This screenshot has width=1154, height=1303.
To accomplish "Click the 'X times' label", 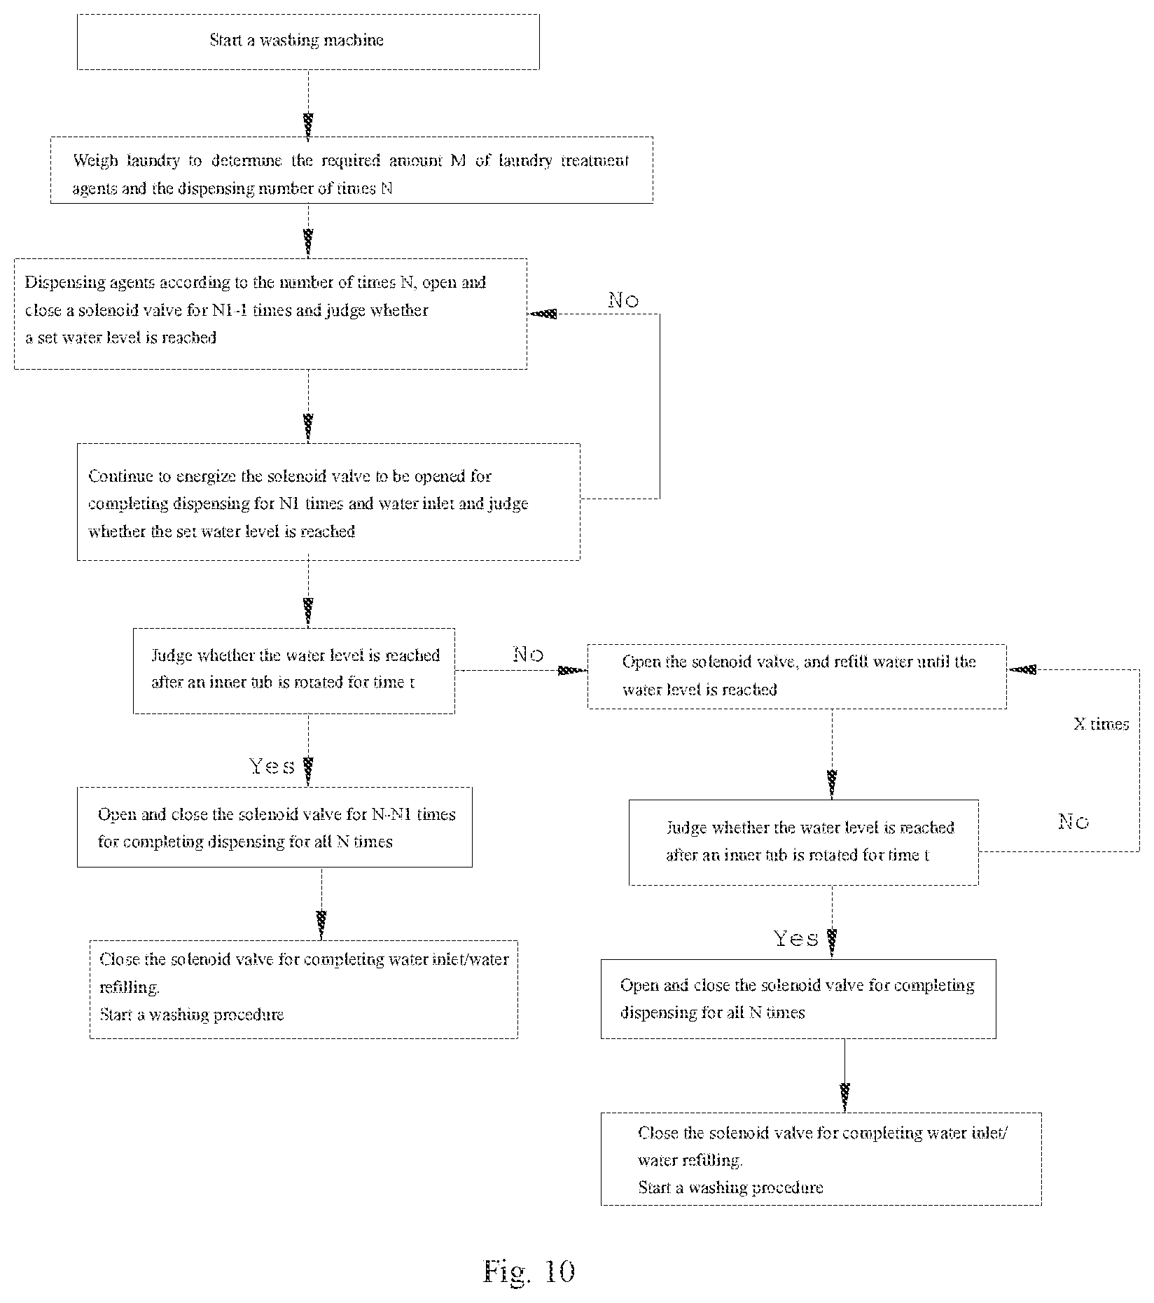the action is (x=1101, y=724).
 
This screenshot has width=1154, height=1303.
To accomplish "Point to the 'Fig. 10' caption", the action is (x=529, y=1271).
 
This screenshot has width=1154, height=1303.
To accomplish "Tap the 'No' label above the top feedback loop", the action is (x=623, y=300).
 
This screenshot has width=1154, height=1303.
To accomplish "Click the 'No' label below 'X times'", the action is (x=1073, y=821).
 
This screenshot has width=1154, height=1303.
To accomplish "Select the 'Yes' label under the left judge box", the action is (x=272, y=766).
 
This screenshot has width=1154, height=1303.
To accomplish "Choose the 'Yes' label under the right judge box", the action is (x=796, y=938).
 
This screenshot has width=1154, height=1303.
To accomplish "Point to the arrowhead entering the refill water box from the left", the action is (x=573, y=670).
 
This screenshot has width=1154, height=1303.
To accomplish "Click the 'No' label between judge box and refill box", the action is (x=528, y=655).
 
